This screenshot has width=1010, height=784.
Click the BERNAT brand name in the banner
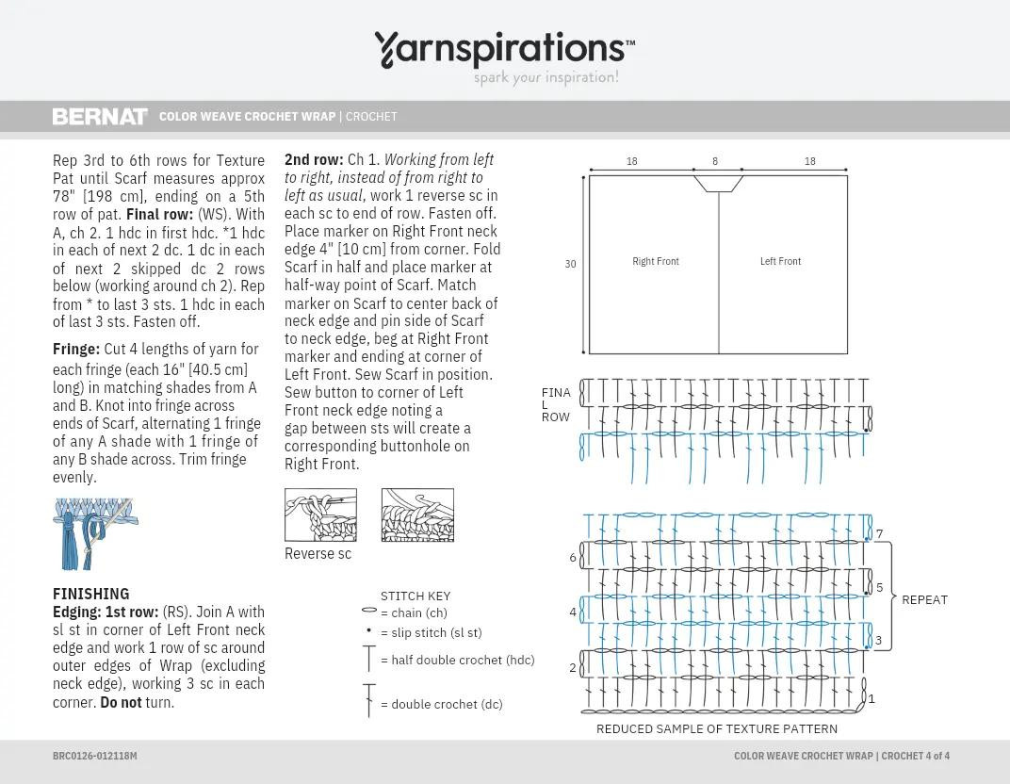(100, 117)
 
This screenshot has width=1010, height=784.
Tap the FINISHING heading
(91, 594)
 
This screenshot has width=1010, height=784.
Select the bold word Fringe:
(76, 349)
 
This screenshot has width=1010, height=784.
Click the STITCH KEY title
(415, 596)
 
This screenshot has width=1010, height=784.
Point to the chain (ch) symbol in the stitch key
(369, 611)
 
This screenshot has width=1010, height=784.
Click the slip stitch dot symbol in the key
(368, 631)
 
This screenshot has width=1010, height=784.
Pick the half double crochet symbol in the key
(369, 658)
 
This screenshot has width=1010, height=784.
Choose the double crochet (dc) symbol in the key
(369, 701)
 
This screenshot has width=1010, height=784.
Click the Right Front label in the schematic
(656, 261)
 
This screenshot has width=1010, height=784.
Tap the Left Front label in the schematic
(781, 261)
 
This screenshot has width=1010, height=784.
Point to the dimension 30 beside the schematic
(570, 264)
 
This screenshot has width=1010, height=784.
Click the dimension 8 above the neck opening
(715, 161)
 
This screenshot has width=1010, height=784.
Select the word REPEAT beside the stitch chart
(924, 600)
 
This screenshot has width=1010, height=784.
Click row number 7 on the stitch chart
(880, 534)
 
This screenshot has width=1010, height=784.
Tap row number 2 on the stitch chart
(573, 668)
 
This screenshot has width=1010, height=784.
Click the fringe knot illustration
(93, 532)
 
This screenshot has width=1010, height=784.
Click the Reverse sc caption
(318, 554)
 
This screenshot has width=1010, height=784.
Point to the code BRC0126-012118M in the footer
(95, 756)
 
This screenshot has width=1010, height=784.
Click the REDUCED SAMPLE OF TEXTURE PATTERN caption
(717, 728)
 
